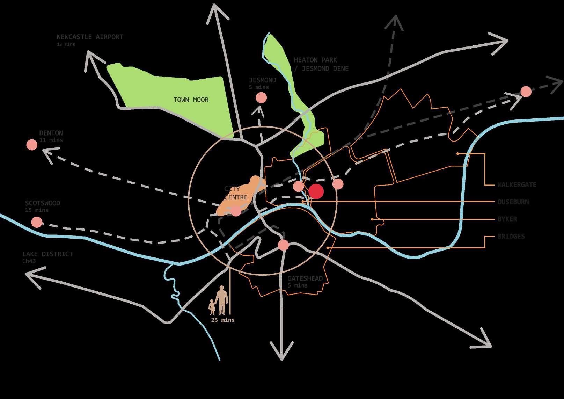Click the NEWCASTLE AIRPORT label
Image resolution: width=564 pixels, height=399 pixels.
90,37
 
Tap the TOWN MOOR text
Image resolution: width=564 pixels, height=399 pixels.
191,100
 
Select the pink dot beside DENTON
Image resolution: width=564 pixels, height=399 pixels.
32,145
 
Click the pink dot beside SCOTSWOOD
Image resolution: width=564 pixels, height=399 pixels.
37,222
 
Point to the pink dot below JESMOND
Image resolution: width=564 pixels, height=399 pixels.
261,98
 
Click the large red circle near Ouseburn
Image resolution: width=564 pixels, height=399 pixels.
316,191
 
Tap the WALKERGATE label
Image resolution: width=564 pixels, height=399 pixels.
517,185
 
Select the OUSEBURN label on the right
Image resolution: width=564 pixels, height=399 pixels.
513,202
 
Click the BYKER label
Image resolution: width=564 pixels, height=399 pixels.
507,219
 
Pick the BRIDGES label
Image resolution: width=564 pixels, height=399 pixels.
511,236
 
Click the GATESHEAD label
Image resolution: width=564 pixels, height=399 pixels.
305,278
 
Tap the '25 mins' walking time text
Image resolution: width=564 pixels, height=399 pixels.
223,320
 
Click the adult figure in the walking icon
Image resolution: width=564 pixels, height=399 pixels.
221,299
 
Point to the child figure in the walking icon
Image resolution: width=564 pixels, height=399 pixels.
212,307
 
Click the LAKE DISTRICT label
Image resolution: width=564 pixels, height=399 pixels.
47,254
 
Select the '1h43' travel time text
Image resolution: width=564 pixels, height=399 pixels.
29,261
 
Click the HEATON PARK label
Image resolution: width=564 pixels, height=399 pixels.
315,60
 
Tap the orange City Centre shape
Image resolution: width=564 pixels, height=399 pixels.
241,196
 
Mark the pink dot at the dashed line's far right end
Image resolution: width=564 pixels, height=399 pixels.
526,92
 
